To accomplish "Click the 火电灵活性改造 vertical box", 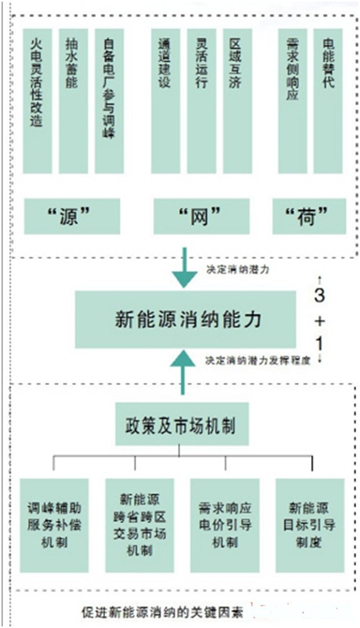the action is [37, 101].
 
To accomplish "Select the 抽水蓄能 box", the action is [73, 101].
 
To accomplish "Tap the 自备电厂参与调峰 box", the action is [109, 101].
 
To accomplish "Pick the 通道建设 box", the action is [166, 101].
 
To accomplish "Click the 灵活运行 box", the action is [201, 101].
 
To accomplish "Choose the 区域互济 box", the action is [237, 101].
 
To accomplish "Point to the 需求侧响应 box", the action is [292, 101].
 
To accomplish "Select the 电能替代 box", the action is [328, 101].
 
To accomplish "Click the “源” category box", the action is [72, 217].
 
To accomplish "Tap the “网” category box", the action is [202, 217].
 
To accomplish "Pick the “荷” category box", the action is [310, 217].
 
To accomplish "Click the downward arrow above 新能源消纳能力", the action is [184, 267].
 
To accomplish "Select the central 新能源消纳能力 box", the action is [186, 319].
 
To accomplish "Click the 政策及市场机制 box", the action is [182, 424].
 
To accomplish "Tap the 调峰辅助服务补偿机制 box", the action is [55, 525].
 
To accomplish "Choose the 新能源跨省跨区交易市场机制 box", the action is [140, 525].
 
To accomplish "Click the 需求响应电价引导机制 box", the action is [225, 525].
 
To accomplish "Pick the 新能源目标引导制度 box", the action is [310, 525].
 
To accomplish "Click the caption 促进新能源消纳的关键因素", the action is [162, 612].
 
